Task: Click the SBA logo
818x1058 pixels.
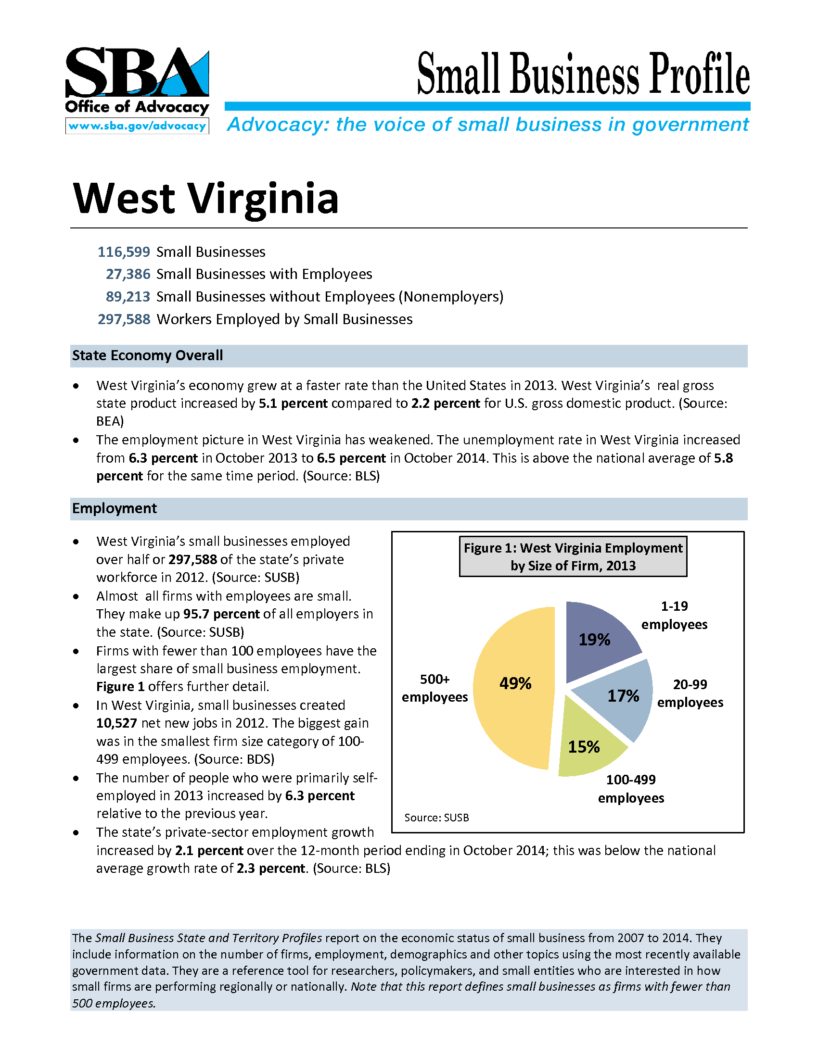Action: point(137,73)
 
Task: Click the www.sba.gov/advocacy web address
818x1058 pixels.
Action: point(137,126)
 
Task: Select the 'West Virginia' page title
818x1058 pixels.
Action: point(205,199)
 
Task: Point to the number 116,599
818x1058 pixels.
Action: point(124,252)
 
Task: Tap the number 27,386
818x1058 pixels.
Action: point(128,274)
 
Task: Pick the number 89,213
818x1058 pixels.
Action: point(128,296)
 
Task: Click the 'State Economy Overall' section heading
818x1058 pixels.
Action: point(147,355)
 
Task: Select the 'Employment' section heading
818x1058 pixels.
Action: point(115,508)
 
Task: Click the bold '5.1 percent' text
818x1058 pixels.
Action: point(293,403)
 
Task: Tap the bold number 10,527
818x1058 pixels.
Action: point(117,723)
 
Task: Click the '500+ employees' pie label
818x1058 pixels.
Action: point(435,688)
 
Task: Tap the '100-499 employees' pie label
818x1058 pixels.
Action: point(631,789)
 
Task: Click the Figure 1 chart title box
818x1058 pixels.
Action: point(573,556)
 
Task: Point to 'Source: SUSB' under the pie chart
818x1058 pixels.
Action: point(436,818)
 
